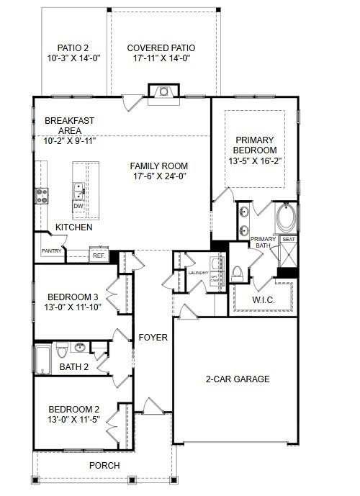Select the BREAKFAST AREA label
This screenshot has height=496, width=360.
click(x=70, y=126)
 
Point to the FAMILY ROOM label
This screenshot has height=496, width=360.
click(x=159, y=166)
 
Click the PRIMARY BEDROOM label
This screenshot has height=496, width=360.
click(x=255, y=144)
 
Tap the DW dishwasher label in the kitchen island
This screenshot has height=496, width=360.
click(x=78, y=206)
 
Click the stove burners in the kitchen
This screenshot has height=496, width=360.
click(x=42, y=196)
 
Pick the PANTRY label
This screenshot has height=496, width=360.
click(x=50, y=251)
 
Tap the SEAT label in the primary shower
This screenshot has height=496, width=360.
click(x=289, y=239)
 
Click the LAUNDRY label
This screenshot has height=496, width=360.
click(x=198, y=273)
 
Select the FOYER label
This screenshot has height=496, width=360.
click(x=153, y=337)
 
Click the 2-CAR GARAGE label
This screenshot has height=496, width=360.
click(x=237, y=379)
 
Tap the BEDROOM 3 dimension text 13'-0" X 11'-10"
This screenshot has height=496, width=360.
click(x=73, y=307)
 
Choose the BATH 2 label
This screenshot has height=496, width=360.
click(x=73, y=367)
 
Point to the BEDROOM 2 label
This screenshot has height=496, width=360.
click(x=73, y=410)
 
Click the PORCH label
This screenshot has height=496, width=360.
click(x=104, y=465)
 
